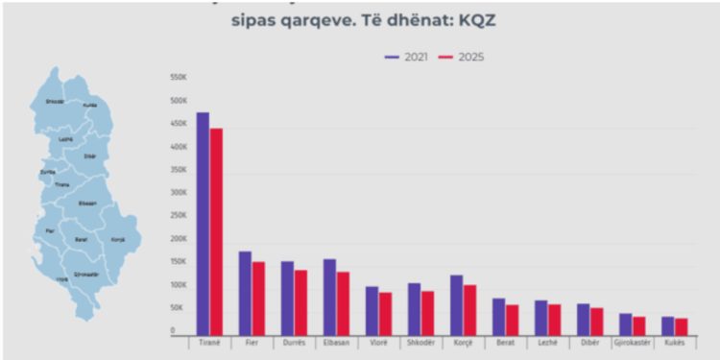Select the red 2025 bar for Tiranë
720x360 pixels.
coord(216,230)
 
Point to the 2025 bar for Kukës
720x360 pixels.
coord(682,325)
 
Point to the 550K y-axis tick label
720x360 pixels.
coord(179,77)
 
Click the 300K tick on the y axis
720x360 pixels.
coord(179,192)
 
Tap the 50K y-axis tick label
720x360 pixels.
coord(180,307)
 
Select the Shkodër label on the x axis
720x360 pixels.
coord(420,342)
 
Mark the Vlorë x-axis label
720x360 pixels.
coord(378,342)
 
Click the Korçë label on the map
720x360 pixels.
coord(117,239)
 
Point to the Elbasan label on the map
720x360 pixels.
coord(87,203)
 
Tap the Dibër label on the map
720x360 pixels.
coord(90,156)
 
